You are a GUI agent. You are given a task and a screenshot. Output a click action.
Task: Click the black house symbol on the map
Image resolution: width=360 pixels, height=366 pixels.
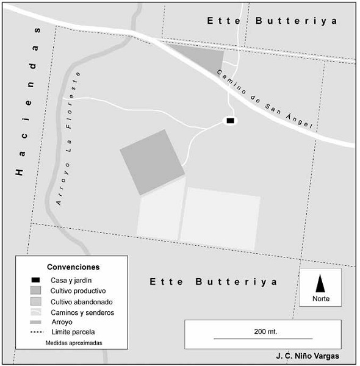(x=230, y=121)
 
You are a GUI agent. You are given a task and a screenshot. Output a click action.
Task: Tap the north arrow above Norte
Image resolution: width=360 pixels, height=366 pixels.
(x=320, y=283)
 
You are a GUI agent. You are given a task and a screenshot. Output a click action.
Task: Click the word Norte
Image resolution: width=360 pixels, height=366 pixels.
(x=321, y=299)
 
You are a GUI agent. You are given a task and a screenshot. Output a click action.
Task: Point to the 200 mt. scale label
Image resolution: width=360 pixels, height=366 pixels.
(x=265, y=331)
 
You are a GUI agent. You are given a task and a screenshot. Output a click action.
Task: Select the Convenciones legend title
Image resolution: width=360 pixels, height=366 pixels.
(x=73, y=267)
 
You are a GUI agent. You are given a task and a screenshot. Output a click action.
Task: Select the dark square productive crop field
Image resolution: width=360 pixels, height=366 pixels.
(x=152, y=162)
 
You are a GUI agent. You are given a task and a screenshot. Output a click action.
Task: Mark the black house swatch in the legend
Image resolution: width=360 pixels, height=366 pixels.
(x=37, y=280)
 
